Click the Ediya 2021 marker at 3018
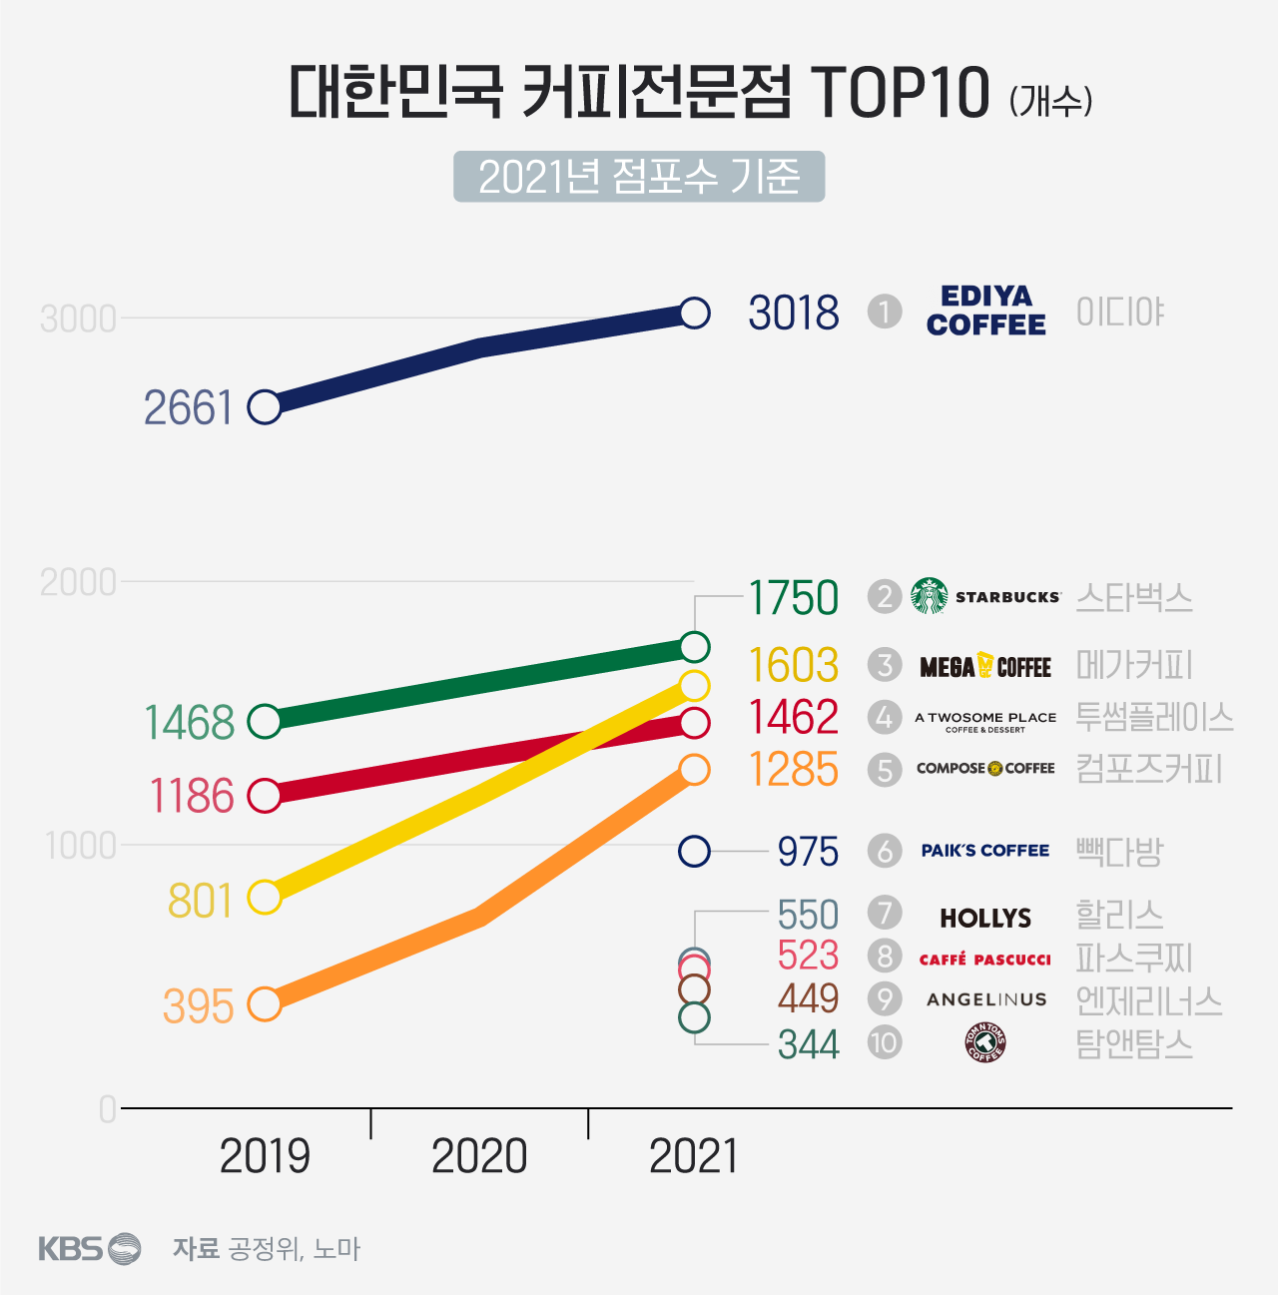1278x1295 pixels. (x=694, y=314)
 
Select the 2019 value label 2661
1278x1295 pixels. (x=188, y=407)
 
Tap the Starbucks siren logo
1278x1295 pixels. (x=930, y=596)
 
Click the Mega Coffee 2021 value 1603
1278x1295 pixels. (x=794, y=666)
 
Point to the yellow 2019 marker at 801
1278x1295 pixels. (x=265, y=897)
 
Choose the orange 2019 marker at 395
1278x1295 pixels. (x=265, y=1003)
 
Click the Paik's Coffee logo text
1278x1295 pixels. (x=984, y=851)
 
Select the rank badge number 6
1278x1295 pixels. (x=884, y=851)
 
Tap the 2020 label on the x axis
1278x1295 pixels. (x=479, y=1156)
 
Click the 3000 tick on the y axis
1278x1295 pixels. (x=78, y=320)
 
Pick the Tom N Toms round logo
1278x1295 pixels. (x=984, y=1043)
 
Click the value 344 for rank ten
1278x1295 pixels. (x=808, y=1044)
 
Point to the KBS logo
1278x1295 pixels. (x=89, y=1248)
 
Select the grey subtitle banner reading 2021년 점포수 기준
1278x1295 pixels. (x=639, y=177)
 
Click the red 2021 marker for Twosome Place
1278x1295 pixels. (x=694, y=723)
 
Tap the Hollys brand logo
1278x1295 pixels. (x=984, y=918)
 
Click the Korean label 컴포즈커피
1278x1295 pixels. (x=1148, y=769)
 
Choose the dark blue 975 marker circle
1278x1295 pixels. (x=694, y=852)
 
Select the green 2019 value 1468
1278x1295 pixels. (x=190, y=722)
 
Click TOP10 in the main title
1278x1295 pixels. (x=899, y=93)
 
